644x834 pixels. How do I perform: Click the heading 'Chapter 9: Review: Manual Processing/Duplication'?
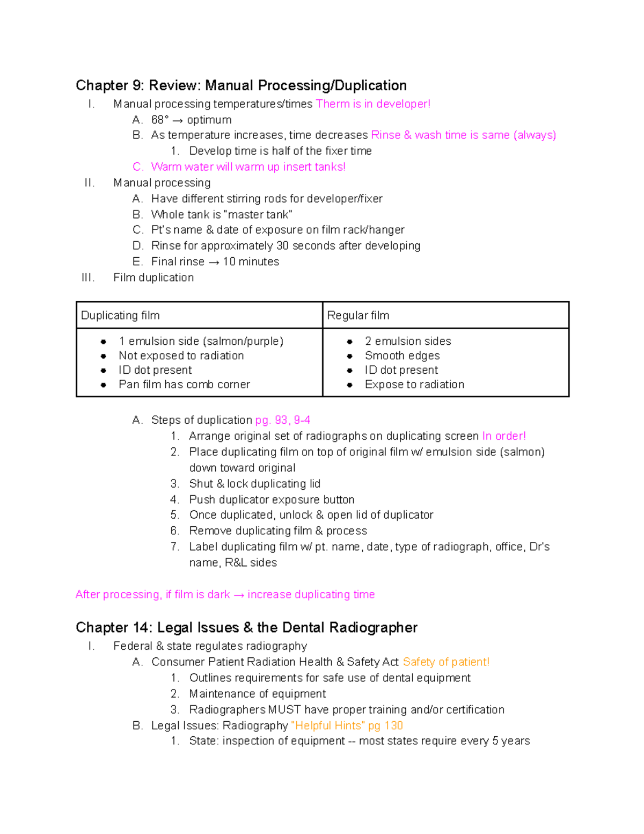tap(241, 85)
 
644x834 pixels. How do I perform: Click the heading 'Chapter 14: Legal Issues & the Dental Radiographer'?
tap(246, 627)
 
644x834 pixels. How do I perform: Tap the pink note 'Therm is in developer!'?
tap(373, 104)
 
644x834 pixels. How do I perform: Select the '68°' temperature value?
tap(160, 120)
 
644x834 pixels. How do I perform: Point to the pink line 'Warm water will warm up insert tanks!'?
tap(248, 167)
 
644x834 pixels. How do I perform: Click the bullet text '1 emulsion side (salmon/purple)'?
tap(201, 341)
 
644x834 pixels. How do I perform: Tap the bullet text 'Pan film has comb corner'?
tap(184, 385)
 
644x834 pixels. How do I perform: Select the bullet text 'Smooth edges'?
tap(402, 356)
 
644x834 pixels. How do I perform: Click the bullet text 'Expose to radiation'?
tap(414, 385)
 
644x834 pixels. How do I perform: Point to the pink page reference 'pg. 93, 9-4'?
tap(282, 420)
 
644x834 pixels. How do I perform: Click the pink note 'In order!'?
tap(503, 436)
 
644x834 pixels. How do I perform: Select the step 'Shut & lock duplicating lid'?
tap(254, 484)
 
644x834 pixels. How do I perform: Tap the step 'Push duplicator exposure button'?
tap(272, 499)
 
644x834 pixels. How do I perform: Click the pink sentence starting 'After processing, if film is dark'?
tap(225, 594)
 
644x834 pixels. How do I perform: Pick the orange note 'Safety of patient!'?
tap(446, 662)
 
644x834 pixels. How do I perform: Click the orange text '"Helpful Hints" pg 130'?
tap(347, 726)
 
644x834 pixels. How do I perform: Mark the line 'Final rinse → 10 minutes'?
tap(215, 262)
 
